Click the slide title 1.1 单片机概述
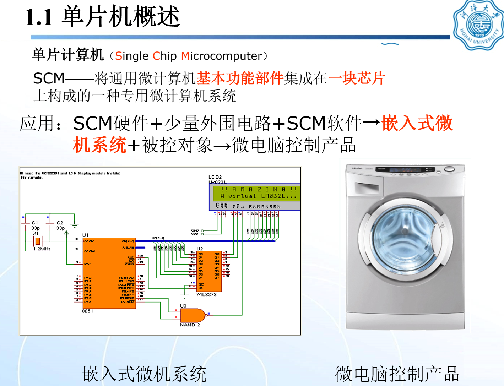[103, 17]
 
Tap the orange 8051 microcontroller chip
[109, 273]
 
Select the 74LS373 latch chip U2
[209, 271]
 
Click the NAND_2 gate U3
[192, 315]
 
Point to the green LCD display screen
[256, 193]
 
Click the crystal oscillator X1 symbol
[37, 241]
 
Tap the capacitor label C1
[35, 223]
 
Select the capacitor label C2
[60, 223]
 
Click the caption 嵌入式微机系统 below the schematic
[144, 374]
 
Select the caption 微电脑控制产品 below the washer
[397, 374]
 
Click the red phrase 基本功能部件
[240, 78]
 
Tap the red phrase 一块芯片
[357, 78]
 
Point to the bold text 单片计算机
[68, 55]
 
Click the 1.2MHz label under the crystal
[42, 249]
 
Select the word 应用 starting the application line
[37, 123]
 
